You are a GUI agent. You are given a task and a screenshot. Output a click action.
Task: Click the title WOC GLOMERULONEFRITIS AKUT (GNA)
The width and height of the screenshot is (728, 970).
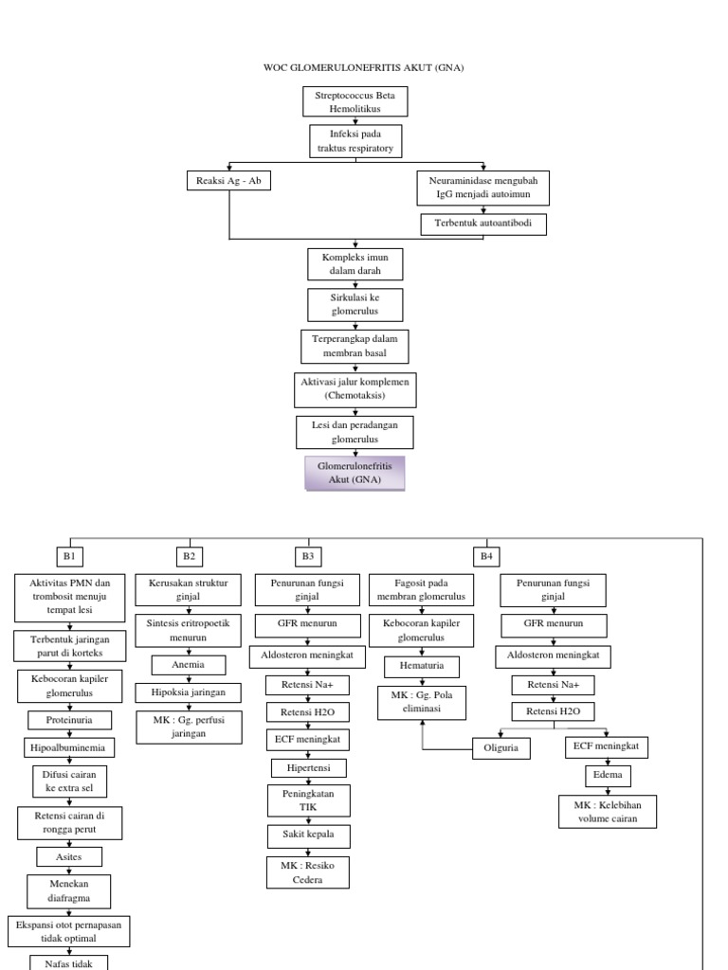point(363,67)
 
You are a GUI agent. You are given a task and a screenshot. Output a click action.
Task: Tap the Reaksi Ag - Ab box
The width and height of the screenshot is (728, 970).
point(228,181)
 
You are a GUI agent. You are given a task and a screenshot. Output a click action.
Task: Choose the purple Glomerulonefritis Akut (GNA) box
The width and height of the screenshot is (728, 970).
point(354,473)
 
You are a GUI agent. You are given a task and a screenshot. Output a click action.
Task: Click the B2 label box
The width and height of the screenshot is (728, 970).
point(189,556)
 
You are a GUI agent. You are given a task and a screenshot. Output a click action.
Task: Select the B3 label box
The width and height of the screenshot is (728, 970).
point(308,556)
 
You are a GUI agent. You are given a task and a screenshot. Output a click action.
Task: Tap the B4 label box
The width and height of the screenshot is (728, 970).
point(486,556)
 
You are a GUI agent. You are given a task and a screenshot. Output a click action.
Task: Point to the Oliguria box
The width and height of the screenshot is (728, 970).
point(501,748)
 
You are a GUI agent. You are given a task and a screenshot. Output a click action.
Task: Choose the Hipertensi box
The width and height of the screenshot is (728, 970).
point(309,767)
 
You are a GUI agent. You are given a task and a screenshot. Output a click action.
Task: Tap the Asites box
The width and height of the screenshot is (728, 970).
point(69,857)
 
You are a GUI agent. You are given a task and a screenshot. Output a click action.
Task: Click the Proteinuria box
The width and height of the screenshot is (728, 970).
point(69,719)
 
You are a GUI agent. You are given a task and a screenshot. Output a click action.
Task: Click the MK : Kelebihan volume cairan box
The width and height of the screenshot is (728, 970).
point(608,812)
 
